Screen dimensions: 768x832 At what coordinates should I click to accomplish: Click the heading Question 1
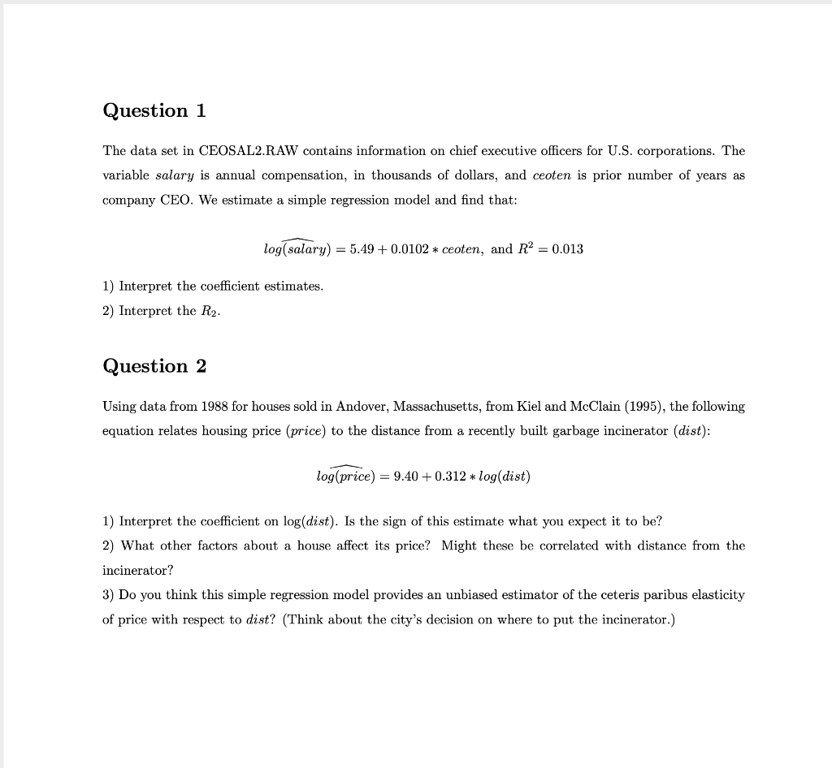pos(154,110)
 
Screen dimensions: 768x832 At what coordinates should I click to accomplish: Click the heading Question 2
pos(154,366)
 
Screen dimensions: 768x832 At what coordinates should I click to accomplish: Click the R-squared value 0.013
pos(567,249)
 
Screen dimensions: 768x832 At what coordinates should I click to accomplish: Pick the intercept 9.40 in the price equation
pos(406,477)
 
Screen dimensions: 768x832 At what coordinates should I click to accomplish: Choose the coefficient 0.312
pos(451,477)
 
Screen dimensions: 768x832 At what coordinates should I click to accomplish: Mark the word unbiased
pos(469,595)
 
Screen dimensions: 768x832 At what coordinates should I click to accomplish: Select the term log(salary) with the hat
pos(297,249)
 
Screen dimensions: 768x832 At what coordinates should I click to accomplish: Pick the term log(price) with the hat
pos(348,477)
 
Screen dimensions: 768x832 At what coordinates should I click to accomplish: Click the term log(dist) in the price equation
pos(504,477)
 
